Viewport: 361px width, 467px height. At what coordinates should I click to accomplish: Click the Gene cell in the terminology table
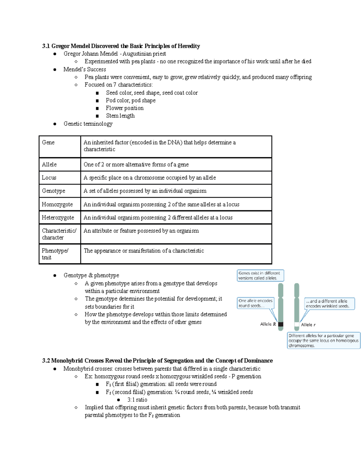click(48, 143)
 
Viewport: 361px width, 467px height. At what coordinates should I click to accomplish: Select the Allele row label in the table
click(49, 164)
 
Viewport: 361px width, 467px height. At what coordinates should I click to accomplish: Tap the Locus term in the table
click(49, 178)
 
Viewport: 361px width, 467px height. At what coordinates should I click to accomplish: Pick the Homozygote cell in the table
click(57, 204)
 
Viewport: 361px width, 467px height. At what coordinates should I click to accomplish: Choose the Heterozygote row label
click(58, 218)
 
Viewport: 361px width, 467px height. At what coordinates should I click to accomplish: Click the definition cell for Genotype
click(145, 191)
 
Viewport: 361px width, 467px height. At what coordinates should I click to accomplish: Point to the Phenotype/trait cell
click(55, 254)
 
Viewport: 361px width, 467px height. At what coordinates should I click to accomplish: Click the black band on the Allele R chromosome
click(281, 324)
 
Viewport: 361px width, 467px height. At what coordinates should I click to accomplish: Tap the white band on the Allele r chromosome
click(297, 324)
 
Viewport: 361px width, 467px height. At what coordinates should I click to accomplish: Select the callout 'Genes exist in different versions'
click(260, 275)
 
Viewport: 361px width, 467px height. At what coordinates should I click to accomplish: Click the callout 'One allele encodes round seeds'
click(256, 303)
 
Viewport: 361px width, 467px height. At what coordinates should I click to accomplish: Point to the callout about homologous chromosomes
click(323, 340)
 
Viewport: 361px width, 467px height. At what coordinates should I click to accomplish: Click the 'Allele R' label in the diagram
click(268, 324)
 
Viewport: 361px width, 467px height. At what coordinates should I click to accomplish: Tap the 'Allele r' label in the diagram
click(308, 325)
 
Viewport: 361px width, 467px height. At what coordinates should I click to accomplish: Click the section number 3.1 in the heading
click(46, 46)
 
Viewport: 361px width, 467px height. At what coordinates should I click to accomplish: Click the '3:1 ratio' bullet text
click(137, 400)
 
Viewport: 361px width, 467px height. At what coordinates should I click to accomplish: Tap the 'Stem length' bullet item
click(120, 116)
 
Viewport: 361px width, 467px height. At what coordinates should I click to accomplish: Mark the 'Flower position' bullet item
click(125, 108)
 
